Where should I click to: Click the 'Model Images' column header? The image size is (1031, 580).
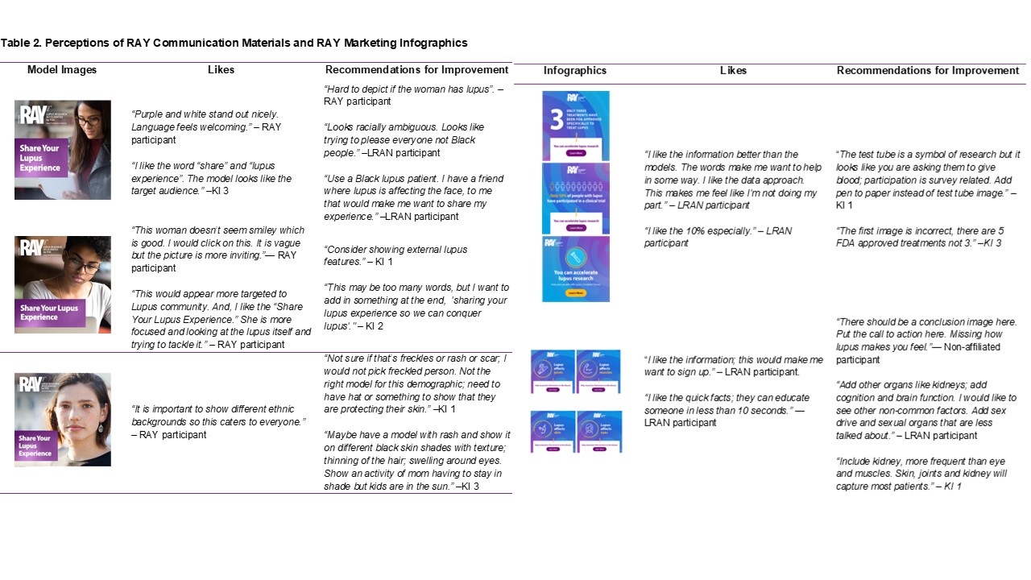pyautogui.click(x=62, y=70)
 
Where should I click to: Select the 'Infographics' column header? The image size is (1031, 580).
pyautogui.click(x=575, y=70)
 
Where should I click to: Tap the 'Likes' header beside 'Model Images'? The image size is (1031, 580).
pyautogui.click(x=221, y=70)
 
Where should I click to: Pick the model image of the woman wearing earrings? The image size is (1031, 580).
pyautogui.click(x=63, y=419)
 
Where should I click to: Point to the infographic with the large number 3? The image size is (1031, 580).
pyautogui.click(x=575, y=125)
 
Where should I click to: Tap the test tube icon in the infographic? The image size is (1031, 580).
pyautogui.click(x=575, y=257)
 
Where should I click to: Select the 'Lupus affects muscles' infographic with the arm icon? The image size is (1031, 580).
pyautogui.click(x=598, y=371)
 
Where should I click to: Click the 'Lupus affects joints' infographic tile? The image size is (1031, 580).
pyautogui.click(x=553, y=371)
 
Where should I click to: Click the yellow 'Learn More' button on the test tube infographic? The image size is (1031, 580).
pyautogui.click(x=575, y=294)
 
